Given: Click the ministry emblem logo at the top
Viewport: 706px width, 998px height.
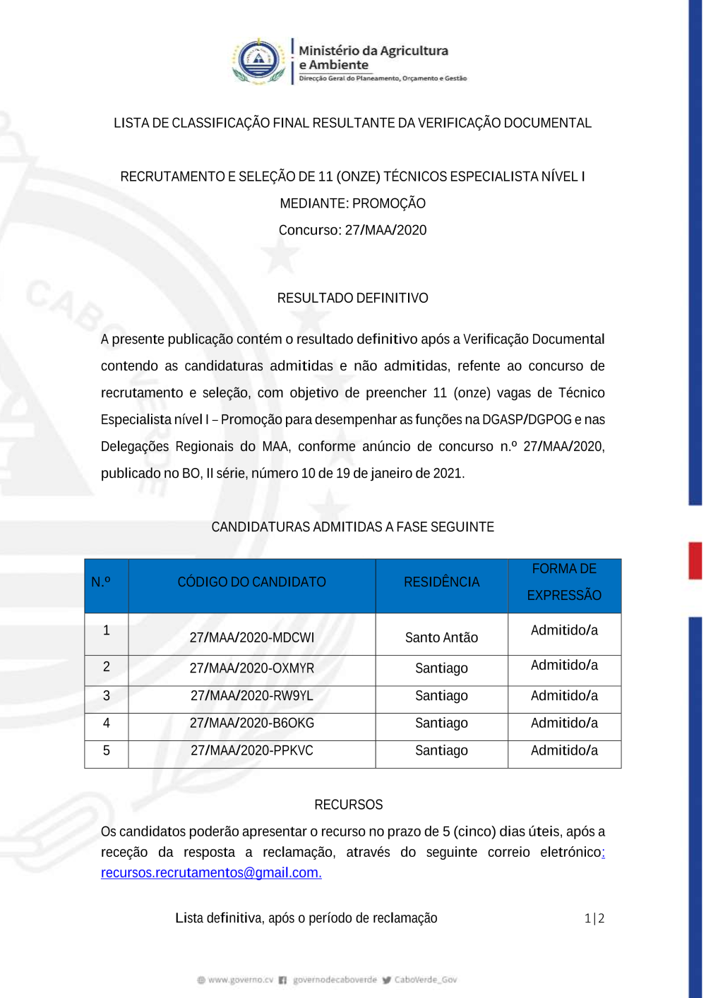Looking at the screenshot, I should click(259, 61).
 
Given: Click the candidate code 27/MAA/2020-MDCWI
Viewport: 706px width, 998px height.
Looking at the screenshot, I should click(252, 637).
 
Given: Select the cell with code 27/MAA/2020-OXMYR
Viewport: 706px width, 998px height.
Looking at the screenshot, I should click(252, 668).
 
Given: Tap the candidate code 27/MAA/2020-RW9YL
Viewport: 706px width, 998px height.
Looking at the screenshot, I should click(252, 696).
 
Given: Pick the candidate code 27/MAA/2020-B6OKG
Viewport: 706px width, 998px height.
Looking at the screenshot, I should click(252, 723).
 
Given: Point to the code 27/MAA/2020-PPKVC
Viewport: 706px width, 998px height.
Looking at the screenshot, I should click(252, 751).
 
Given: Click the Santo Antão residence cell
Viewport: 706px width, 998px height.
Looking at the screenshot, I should click(441, 637).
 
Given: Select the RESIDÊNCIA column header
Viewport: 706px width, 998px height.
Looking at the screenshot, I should click(441, 582).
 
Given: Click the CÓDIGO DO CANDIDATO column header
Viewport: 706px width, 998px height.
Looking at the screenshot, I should click(252, 582).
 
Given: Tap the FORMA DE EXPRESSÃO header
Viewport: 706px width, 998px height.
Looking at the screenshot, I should click(564, 582).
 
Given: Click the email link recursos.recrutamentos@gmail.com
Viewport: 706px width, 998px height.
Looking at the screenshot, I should click(211, 873).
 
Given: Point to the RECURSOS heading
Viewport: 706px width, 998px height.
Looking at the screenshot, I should click(349, 805).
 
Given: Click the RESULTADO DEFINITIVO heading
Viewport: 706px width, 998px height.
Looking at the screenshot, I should click(352, 298).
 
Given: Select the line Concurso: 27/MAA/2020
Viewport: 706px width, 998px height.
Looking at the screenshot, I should click(352, 230).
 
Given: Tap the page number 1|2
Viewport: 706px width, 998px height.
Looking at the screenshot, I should click(594, 918).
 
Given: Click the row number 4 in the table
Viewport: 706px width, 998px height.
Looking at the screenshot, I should click(107, 723).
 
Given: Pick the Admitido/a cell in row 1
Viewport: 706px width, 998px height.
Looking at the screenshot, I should click(564, 630).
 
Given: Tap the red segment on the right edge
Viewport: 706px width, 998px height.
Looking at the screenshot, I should click(695, 560).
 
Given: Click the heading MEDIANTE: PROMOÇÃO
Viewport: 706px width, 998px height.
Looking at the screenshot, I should click(352, 203).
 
